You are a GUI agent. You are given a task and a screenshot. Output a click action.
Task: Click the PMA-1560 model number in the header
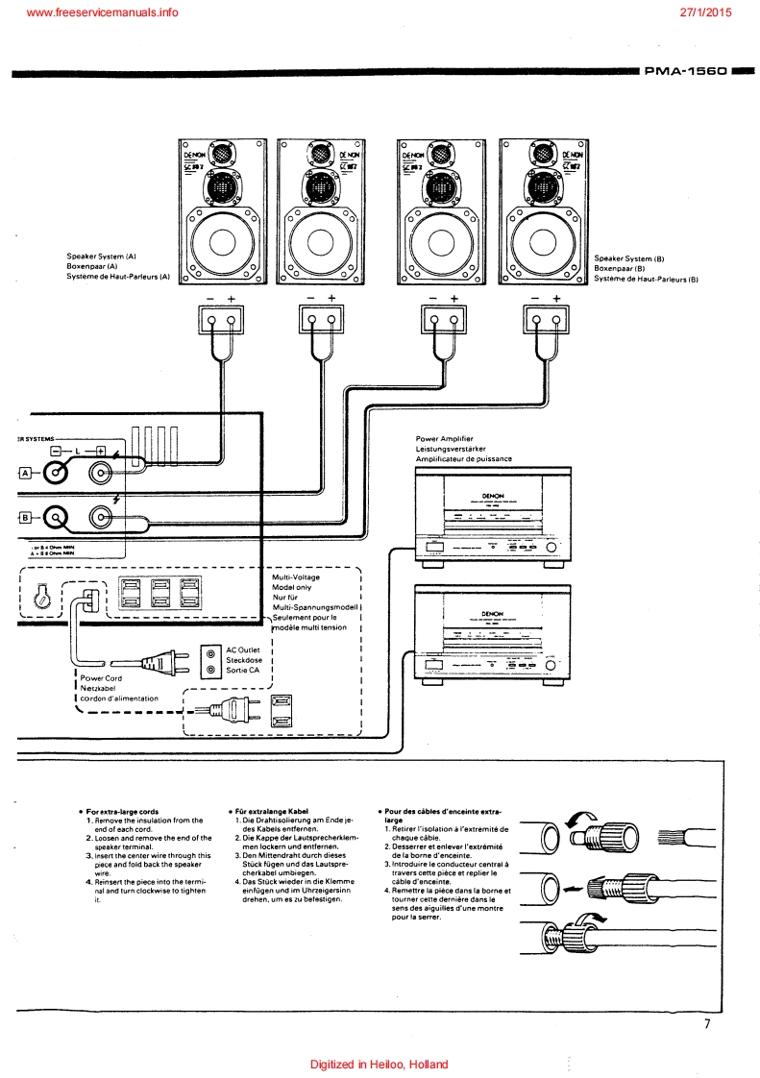tap(686, 72)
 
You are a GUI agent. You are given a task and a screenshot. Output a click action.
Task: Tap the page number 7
tap(707, 1023)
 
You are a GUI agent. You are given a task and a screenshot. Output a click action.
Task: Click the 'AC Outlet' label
tap(243, 650)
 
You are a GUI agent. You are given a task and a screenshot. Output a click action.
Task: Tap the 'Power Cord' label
tap(101, 678)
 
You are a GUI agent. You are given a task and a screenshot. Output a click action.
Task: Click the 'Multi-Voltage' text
tap(297, 576)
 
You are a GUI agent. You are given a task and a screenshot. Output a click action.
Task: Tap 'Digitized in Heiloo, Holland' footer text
tap(379, 1065)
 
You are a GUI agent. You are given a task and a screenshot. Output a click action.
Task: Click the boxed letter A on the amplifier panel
tap(25, 472)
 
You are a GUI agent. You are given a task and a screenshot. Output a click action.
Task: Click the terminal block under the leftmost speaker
tap(222, 319)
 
